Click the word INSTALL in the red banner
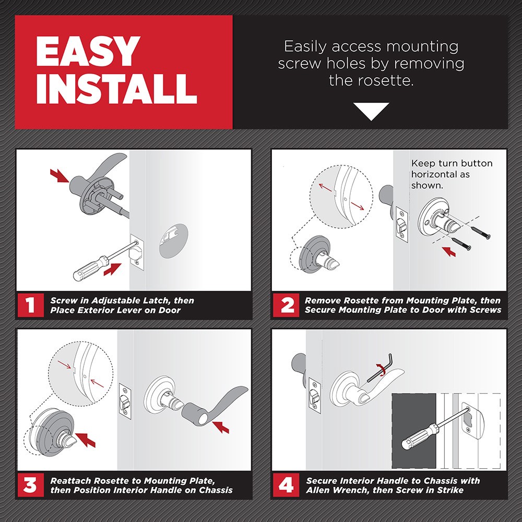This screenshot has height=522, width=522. [116, 89]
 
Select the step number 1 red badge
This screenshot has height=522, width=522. [30, 305]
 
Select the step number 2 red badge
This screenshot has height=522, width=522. [287, 305]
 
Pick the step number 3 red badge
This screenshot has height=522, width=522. [30, 485]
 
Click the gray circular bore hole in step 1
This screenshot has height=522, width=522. [174, 240]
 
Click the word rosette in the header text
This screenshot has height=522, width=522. [386, 81]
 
